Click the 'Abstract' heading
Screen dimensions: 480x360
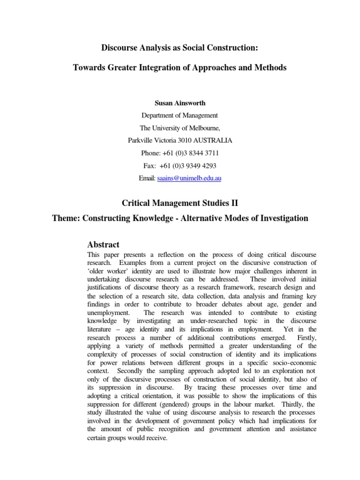(x=104, y=244)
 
